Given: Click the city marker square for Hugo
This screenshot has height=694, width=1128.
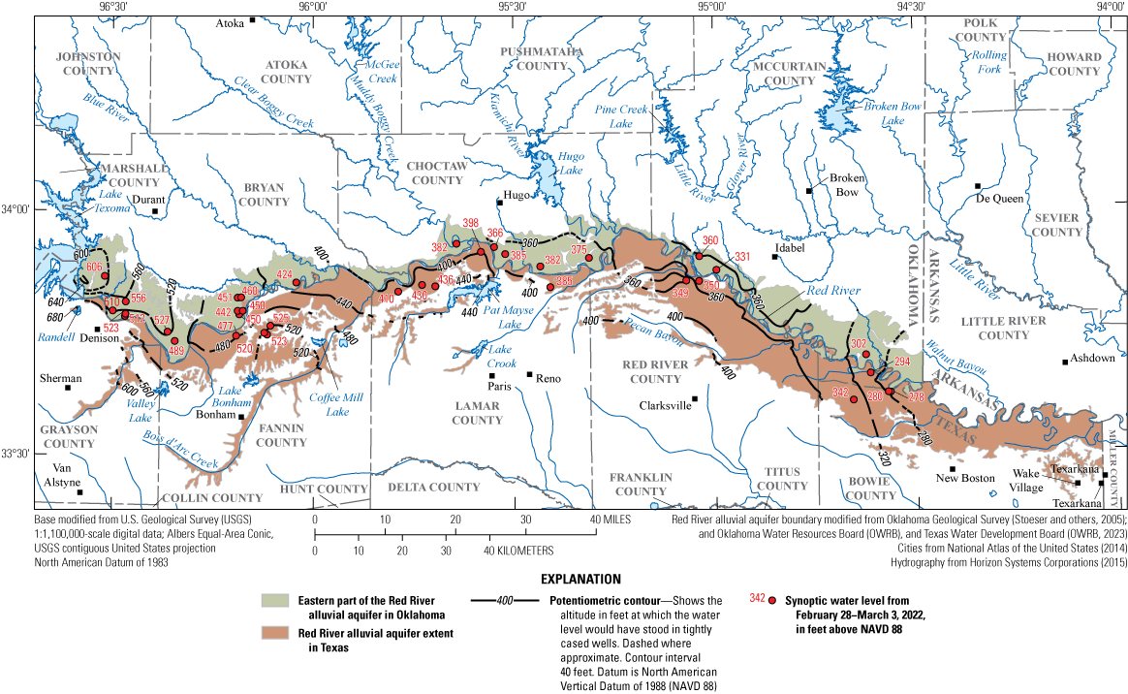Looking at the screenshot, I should tap(499, 202).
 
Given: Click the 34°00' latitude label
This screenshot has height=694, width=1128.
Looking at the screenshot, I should tap(17, 209).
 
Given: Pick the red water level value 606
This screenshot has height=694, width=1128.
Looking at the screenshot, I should tap(94, 267).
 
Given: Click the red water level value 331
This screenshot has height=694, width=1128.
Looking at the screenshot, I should tap(742, 256).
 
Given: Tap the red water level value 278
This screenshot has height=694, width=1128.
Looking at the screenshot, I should tap(902, 396).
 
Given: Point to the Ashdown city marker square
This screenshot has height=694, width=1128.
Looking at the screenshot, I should tap(1065, 362).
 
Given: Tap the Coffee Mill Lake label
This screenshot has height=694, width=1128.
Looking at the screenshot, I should tap(329, 403).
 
